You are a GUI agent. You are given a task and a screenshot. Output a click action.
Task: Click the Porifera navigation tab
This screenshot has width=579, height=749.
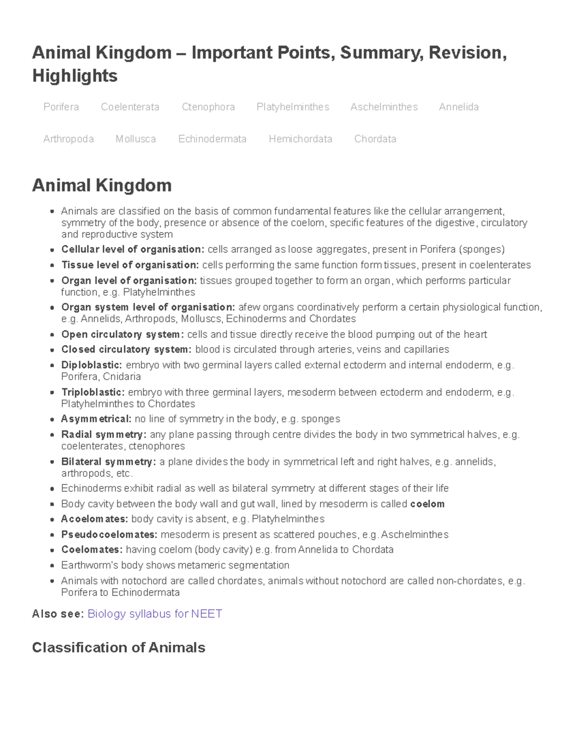[61, 107]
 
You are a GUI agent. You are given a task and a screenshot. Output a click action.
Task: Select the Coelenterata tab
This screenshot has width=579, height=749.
[130, 107]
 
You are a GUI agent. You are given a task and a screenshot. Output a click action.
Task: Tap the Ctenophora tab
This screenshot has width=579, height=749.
[208, 107]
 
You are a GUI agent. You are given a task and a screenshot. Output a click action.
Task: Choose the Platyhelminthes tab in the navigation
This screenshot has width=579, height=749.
[292, 107]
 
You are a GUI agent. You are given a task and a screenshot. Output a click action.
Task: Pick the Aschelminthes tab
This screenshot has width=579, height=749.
[384, 107]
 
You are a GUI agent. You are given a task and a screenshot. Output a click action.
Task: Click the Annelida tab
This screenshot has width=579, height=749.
[458, 107]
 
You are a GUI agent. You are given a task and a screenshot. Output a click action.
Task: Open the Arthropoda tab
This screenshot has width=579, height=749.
[69, 139]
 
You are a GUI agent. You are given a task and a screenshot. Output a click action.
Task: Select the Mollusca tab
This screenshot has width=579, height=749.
[136, 139]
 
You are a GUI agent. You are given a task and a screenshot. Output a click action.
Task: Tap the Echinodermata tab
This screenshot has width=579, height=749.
[212, 139]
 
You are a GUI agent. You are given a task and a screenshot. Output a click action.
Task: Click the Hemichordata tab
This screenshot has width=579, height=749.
[300, 139]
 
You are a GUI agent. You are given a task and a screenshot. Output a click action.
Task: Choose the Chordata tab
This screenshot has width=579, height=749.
[375, 139]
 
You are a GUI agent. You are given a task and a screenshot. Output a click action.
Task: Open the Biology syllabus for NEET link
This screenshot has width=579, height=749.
[154, 613]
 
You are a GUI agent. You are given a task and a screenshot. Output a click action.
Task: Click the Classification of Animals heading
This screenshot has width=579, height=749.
[119, 647]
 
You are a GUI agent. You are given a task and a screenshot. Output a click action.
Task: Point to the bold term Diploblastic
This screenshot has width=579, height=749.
[91, 365]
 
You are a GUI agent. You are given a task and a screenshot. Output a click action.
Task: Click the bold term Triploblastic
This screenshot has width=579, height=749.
[93, 392]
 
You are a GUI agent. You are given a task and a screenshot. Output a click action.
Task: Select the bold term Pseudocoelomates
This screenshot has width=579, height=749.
[109, 534]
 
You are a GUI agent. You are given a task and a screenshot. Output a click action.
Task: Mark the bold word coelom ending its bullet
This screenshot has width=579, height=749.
[427, 504]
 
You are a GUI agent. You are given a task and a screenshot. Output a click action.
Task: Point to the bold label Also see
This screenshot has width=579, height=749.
[57, 613]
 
